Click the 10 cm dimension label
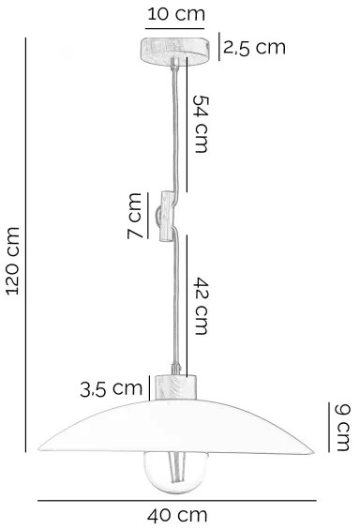pyautogui.click(x=175, y=14)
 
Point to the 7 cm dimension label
pyautogui.click(x=136, y=215)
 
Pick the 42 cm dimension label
pyautogui.click(x=203, y=305)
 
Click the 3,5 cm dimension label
pyautogui.click(x=112, y=387)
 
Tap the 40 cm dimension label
pyautogui.click(x=177, y=515)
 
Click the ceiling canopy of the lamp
pyautogui.click(x=175, y=48)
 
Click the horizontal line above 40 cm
pyautogui.click(x=175, y=500)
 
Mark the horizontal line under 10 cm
pyautogui.click(x=175, y=30)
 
